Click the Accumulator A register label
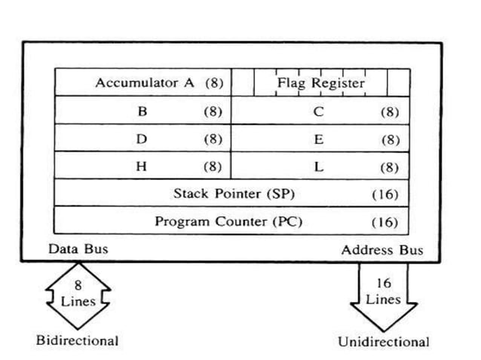[145, 83]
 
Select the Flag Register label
[320, 83]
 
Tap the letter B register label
[142, 111]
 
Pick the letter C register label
[319, 111]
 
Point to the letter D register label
[142, 139]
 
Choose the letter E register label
[319, 139]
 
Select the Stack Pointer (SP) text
[234, 194]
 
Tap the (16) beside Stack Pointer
[384, 194]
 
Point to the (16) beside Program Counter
[384, 221]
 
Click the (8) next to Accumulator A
[214, 83]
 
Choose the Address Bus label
[382, 250]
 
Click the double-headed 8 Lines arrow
[78, 294]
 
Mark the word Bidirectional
[78, 340]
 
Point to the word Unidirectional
[383, 341]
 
